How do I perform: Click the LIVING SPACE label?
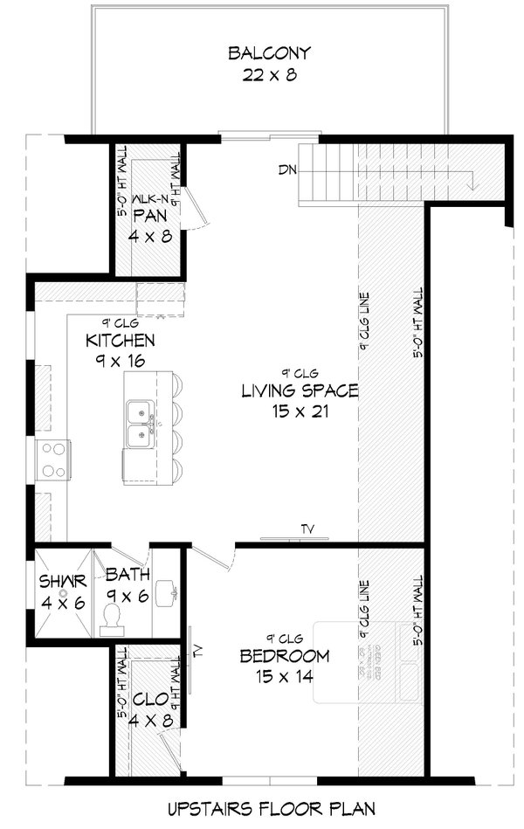point(299,390)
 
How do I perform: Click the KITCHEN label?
point(121,340)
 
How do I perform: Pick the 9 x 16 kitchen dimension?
point(121,359)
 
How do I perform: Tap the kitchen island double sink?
point(138,423)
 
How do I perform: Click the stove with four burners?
point(53,459)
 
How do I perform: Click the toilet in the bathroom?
point(112,618)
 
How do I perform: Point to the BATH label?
point(128,575)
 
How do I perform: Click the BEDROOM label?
point(285,656)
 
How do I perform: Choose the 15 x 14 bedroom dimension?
point(285,675)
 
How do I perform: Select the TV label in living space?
point(307,528)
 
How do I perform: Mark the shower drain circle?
point(63,592)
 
